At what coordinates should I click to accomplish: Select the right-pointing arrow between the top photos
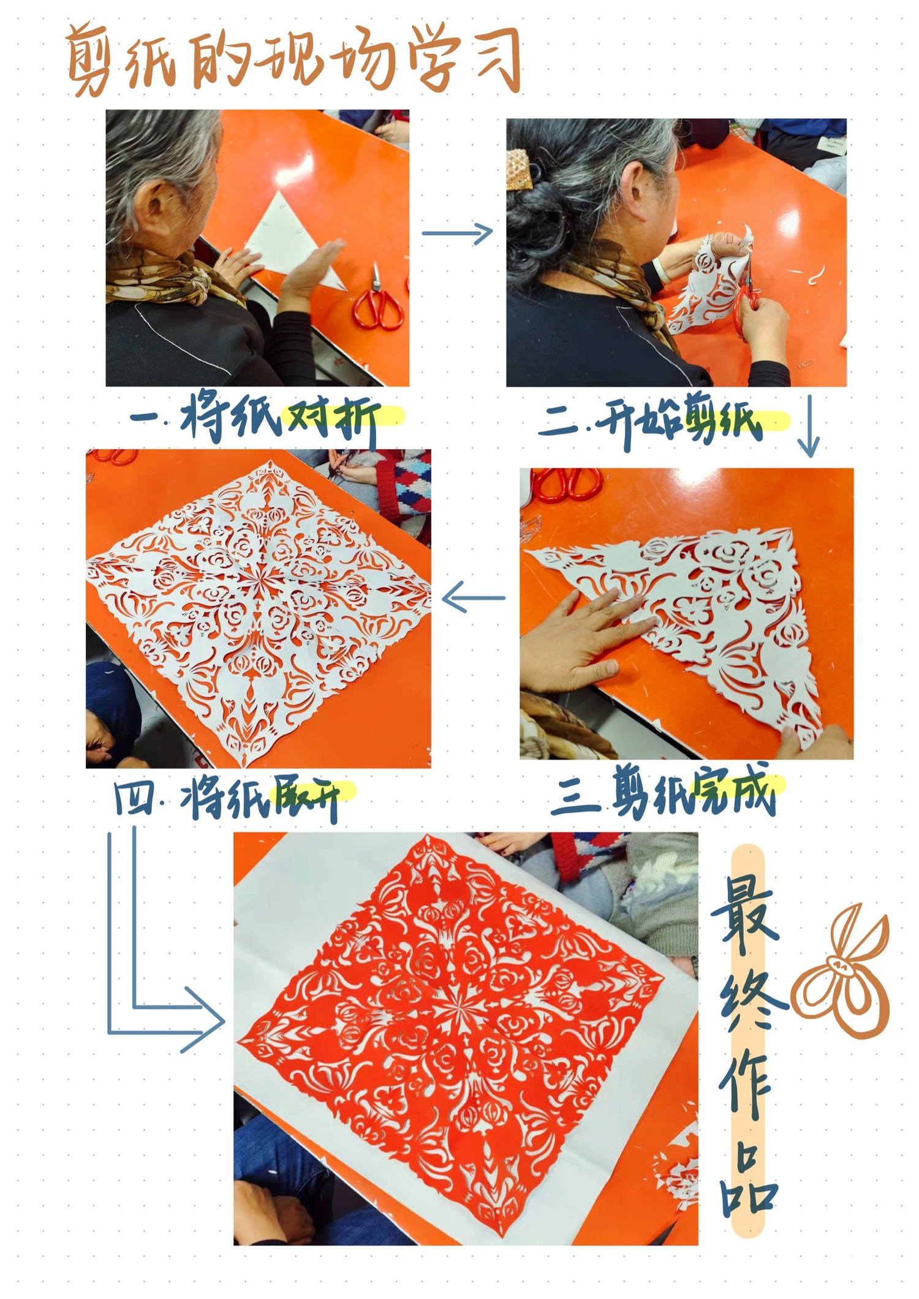[457, 233]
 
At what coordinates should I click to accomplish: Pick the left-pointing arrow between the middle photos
[473, 597]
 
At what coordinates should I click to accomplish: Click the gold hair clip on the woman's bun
[521, 168]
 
